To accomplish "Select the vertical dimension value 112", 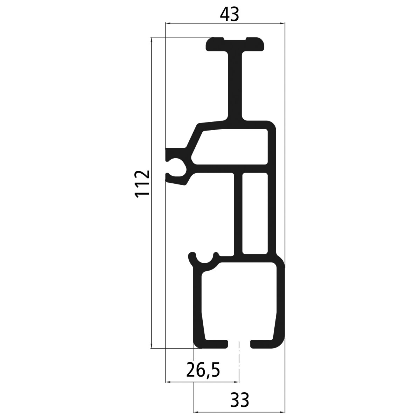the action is (142, 184).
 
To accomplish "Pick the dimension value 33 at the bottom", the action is (239, 400).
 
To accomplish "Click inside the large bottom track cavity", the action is (239, 301).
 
